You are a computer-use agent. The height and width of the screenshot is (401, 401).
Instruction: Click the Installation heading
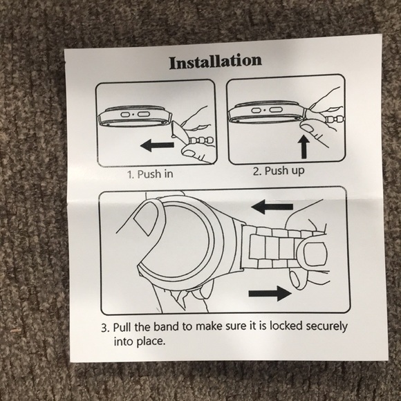pos(216,62)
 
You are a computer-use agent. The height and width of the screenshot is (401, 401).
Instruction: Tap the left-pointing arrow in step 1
pos(157,146)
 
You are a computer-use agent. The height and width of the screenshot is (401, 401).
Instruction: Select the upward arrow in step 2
pos(304,147)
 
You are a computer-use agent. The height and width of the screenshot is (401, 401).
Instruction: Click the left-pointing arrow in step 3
pos(272,207)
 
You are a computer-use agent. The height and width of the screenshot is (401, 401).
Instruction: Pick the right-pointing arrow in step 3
pos(270,293)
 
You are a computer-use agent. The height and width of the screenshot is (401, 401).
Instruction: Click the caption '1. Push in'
pos(150,174)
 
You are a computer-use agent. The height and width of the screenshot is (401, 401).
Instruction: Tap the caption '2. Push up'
pos(279,171)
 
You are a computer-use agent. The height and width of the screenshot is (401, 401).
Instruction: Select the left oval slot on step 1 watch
pos(125,115)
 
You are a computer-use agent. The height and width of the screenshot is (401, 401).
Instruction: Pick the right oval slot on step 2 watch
pos(275,110)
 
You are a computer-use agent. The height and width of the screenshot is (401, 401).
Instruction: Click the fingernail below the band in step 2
pos(308,127)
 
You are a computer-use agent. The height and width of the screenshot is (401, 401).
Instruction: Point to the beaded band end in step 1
pos(201,140)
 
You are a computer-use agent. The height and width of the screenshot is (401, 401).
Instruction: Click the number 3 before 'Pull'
pos(104,328)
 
